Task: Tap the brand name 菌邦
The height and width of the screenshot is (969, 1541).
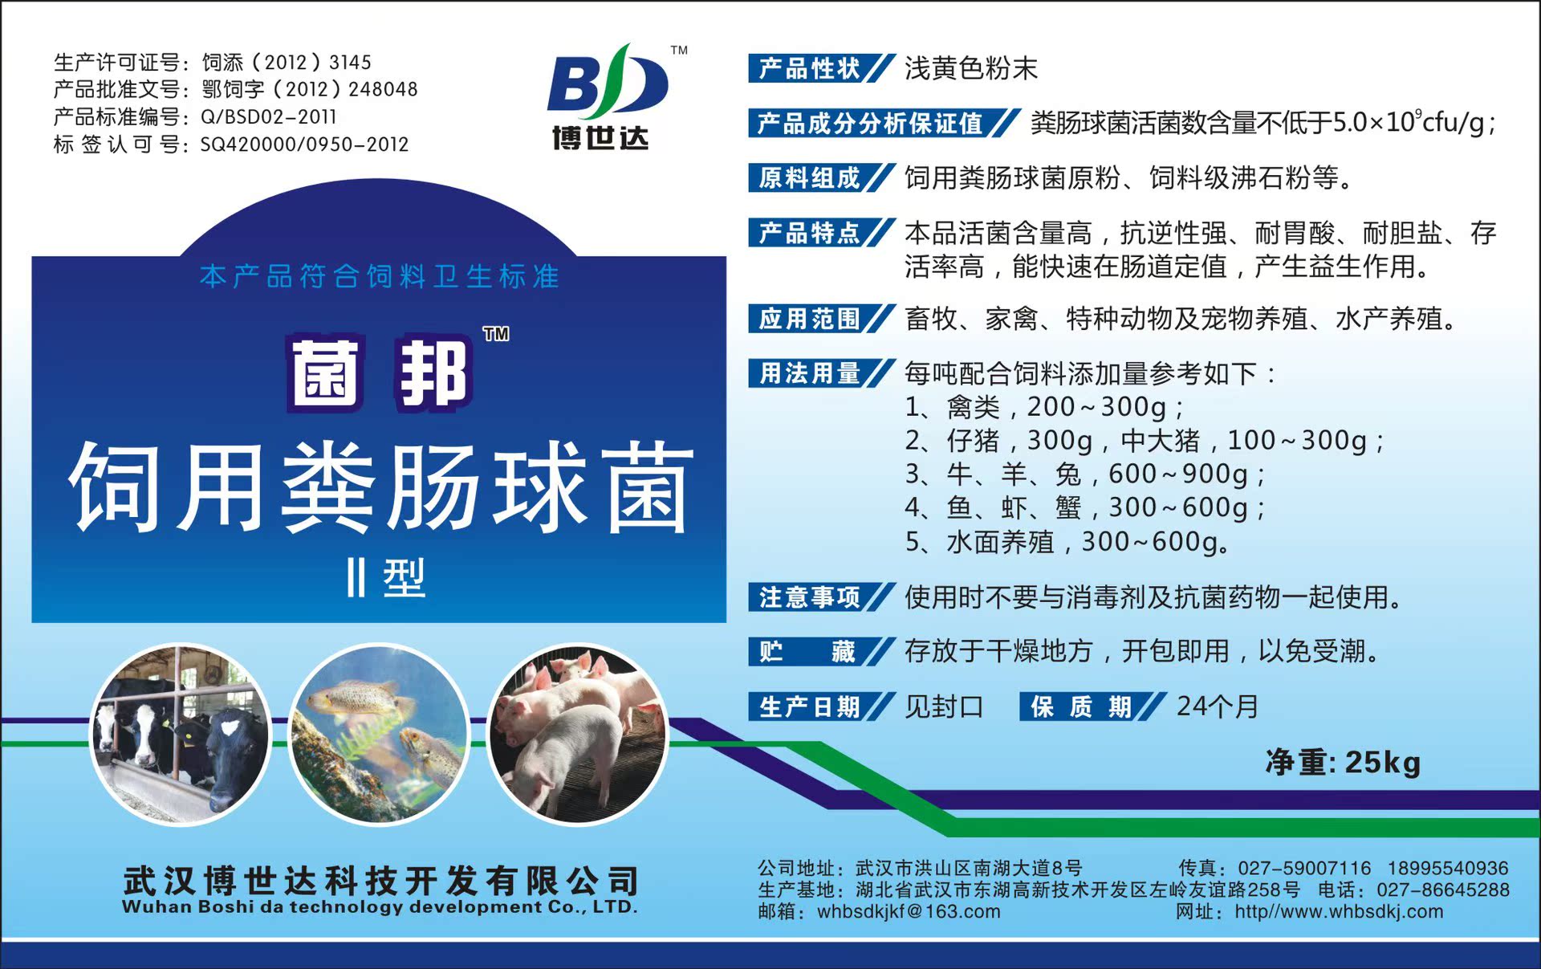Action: pyautogui.click(x=379, y=374)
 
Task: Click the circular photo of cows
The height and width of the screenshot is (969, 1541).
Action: pyautogui.click(x=180, y=735)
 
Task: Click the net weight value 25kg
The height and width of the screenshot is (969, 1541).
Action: pyautogui.click(x=1382, y=763)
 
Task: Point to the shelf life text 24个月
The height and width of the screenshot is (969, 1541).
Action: pyautogui.click(x=1217, y=706)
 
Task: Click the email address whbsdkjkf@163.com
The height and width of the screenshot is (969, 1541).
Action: pyautogui.click(x=909, y=912)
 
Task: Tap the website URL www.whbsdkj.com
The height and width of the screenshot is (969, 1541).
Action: pyautogui.click(x=1339, y=912)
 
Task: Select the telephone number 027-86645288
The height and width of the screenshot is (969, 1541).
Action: pyautogui.click(x=1443, y=890)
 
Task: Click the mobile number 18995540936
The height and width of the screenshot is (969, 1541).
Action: pyautogui.click(x=1448, y=868)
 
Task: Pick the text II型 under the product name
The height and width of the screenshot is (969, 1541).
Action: pyautogui.click(x=385, y=578)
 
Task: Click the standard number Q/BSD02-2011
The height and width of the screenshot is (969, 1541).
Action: pyautogui.click(x=268, y=117)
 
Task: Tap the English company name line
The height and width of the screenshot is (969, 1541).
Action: pyautogui.click(x=380, y=907)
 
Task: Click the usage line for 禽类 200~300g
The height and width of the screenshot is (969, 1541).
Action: pyautogui.click(x=1044, y=407)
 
